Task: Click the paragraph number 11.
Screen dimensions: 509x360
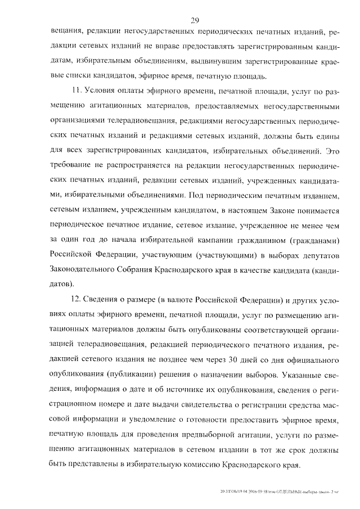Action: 78,90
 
